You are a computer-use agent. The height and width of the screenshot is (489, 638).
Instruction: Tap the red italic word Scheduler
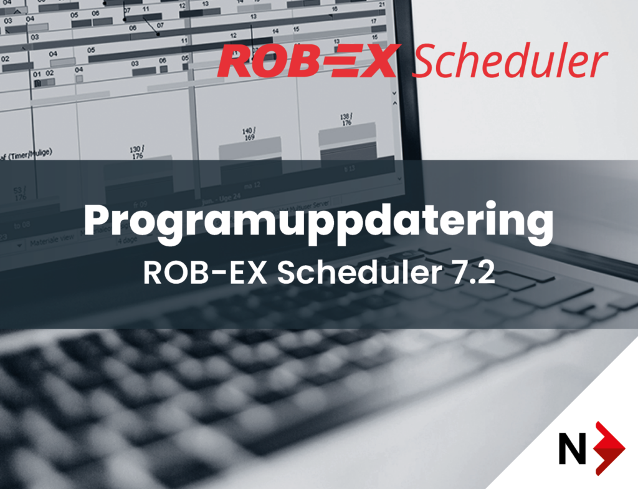point(510,61)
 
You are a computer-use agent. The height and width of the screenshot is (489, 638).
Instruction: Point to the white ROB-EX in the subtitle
point(205,273)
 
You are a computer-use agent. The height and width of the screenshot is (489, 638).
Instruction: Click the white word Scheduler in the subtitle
point(358,273)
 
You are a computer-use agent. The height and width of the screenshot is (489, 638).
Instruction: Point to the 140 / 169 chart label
point(249,134)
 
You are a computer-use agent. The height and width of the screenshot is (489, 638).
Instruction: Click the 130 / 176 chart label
point(136,153)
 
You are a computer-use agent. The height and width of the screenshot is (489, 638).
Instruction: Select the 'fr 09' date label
point(140,204)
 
